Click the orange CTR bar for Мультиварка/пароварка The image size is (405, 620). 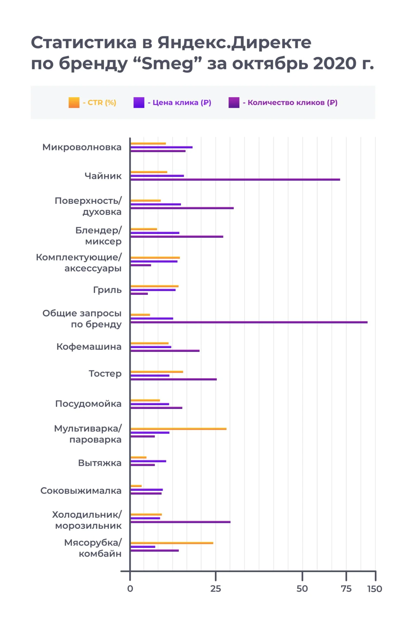pos(178,428)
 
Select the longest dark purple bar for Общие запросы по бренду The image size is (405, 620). pos(249,322)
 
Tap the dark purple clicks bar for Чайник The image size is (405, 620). pos(235,180)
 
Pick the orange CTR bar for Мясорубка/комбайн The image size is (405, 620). pos(172,543)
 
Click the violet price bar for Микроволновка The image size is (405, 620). pos(161,147)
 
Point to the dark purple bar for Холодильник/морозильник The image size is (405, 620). pos(180,522)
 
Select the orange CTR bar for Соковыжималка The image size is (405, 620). pos(136,486)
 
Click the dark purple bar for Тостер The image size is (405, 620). pos(173,379)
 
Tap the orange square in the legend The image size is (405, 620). pos(74,103)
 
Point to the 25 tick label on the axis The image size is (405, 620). pos(215,589)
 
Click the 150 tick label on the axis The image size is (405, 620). pos(375,589)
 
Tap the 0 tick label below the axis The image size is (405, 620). pos(130,589)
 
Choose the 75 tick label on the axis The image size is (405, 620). pos(346,589)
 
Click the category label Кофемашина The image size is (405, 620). pos(89,347)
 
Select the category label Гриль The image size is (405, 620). pos(107,290)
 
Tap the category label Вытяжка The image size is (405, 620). pos(100,463)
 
